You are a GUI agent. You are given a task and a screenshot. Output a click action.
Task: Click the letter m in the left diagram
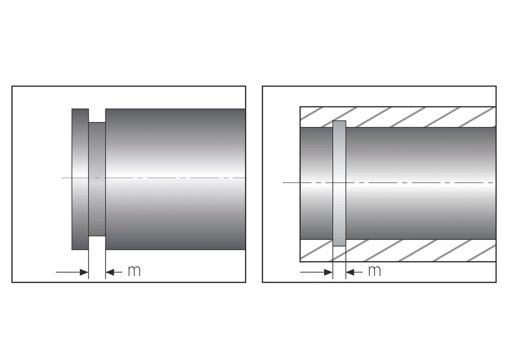(134, 271)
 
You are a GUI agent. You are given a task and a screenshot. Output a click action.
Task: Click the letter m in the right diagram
(374, 271)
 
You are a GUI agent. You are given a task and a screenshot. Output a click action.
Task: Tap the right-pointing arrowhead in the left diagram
(84, 272)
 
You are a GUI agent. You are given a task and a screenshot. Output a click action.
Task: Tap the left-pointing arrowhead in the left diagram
(110, 272)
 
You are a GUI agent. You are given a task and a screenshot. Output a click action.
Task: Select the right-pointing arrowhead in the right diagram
(328, 272)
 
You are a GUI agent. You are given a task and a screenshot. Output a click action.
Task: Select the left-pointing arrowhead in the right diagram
(350, 272)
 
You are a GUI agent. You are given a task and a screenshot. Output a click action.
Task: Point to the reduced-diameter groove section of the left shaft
(97, 159)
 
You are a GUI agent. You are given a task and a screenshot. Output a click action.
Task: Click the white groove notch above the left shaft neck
(97, 115)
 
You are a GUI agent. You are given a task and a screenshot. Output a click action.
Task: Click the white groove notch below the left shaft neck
(97, 243)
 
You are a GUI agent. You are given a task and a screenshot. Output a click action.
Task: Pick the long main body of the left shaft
(175, 151)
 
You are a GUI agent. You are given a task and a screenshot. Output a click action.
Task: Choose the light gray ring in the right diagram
(339, 159)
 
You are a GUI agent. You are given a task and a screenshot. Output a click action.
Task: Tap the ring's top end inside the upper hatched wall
(339, 124)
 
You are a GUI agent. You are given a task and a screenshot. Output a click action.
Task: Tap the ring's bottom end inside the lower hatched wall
(339, 243)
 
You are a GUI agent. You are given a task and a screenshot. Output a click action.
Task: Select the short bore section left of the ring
(316, 159)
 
